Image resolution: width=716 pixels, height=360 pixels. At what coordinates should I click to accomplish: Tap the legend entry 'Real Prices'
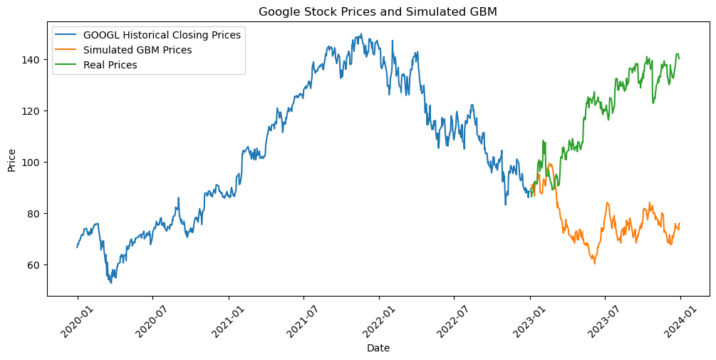[x=110, y=64]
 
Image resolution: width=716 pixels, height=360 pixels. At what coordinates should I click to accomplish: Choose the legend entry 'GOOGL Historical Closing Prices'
[x=162, y=34]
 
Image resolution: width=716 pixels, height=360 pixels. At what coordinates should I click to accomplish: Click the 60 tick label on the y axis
[x=36, y=265]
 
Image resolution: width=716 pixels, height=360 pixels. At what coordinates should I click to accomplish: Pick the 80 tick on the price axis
[x=36, y=214]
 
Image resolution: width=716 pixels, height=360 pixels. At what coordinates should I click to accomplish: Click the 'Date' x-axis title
[x=378, y=349]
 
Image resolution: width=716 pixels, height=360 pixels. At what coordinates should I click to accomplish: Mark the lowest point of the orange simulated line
[x=595, y=264]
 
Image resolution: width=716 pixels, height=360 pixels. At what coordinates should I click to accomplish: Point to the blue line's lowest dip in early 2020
[x=110, y=283]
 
